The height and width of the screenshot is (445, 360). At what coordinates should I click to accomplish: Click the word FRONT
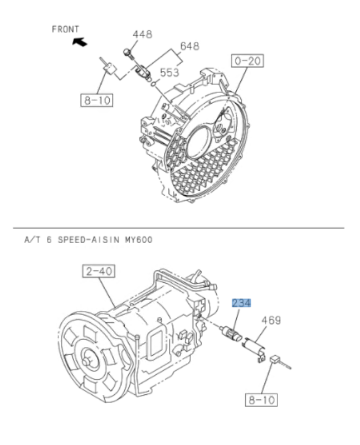65,29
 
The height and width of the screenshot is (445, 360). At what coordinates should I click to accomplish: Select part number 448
142,35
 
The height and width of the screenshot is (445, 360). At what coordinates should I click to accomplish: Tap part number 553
170,72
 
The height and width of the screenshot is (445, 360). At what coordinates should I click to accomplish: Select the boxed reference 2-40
98,272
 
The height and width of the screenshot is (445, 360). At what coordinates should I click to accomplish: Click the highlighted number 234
241,303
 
